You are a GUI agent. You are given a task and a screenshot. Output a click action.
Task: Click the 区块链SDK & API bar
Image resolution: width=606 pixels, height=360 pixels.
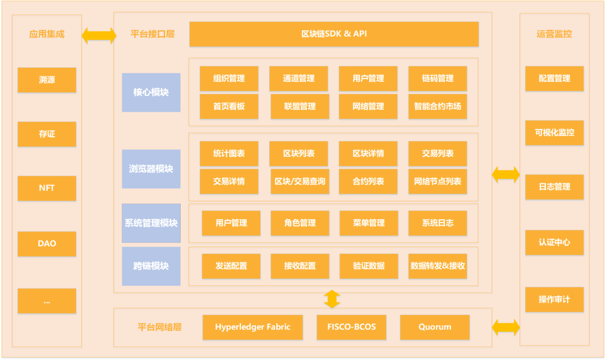(334, 34)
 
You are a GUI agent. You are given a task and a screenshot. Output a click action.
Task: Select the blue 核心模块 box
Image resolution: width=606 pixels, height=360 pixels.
(151, 93)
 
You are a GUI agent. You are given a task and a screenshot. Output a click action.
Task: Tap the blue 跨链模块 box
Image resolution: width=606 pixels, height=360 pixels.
(151, 266)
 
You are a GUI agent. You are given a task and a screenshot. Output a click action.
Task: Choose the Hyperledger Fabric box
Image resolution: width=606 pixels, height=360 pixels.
(252, 327)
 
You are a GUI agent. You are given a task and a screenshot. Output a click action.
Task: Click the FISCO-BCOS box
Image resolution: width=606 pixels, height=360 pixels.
(351, 327)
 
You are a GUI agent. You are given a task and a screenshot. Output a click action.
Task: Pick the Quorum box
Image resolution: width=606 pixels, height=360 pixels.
(435, 327)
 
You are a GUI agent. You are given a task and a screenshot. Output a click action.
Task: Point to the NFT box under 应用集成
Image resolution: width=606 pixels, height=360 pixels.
(47, 188)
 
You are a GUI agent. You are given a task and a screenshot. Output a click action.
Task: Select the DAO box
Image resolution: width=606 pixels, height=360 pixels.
(47, 244)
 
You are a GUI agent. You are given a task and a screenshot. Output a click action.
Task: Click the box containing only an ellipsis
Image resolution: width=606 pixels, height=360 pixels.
(47, 301)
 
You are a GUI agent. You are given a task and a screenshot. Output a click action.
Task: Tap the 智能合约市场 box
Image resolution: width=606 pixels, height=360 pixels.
(438, 106)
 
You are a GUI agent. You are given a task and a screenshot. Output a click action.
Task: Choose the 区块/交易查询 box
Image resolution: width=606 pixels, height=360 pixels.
(300, 181)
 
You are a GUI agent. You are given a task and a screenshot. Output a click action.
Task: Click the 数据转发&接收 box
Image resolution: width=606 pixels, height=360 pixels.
(438, 266)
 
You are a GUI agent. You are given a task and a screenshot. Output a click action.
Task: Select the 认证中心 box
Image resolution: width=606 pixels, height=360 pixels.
(554, 243)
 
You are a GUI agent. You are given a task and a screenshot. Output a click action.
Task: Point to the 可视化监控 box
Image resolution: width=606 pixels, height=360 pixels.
(554, 132)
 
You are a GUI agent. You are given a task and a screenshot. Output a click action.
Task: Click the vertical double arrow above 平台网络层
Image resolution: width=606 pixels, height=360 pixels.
(332, 299)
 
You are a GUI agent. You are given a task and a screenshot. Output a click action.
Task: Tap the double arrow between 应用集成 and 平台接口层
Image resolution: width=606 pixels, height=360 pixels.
(99, 35)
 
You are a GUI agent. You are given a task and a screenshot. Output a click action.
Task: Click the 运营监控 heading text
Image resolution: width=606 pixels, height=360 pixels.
(554, 34)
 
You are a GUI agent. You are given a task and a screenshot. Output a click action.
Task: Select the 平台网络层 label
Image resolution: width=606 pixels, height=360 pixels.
(159, 327)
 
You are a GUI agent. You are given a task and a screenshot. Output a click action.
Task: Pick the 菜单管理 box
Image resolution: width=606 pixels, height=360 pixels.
(369, 223)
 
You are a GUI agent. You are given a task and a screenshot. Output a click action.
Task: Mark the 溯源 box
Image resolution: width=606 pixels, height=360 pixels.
(47, 80)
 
